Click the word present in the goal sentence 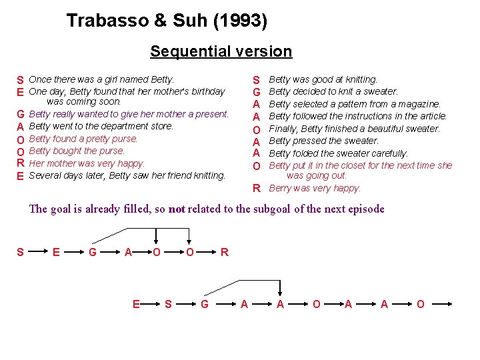click(209, 114)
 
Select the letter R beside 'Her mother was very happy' click(21, 163)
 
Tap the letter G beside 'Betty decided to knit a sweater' click(256, 92)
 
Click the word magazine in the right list click(419, 104)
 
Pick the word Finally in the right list click(283, 129)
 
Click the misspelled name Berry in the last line click(281, 189)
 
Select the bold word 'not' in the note click(177, 209)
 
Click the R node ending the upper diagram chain click(225, 252)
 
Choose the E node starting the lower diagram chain click(136, 304)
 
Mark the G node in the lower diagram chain click(205, 304)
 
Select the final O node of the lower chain click(419, 304)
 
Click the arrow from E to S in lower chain click(153, 304)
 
